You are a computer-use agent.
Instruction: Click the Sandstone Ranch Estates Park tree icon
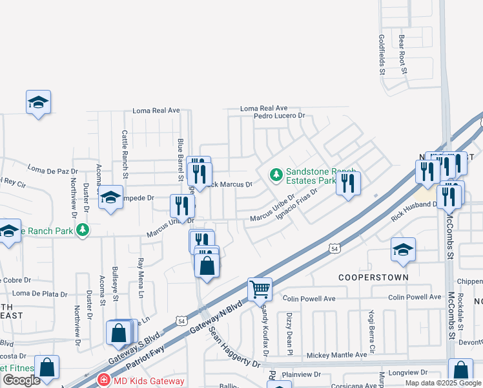tap(276, 175)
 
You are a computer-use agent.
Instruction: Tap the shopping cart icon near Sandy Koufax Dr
tap(260, 289)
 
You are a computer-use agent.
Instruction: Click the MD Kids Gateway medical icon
tap(102, 381)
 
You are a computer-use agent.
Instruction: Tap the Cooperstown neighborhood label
tap(374, 277)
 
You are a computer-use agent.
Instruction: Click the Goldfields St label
tap(382, 54)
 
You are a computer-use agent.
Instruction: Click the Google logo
tap(21, 380)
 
